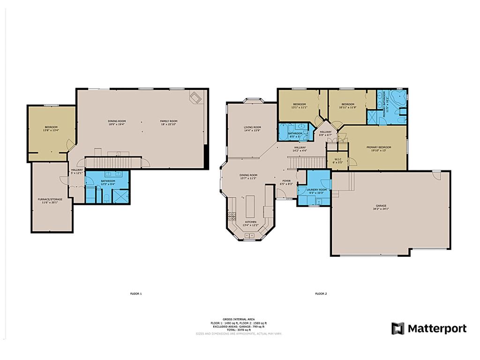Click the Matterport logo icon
point(397,328)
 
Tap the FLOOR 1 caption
point(136,294)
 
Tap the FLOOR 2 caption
point(321,294)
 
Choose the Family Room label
point(169,122)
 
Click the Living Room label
point(252,128)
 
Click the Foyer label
point(286,182)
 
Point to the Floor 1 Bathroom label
point(108,182)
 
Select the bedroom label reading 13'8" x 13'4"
point(51,128)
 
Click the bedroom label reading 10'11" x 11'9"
point(347,105)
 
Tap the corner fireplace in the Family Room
point(195,97)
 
